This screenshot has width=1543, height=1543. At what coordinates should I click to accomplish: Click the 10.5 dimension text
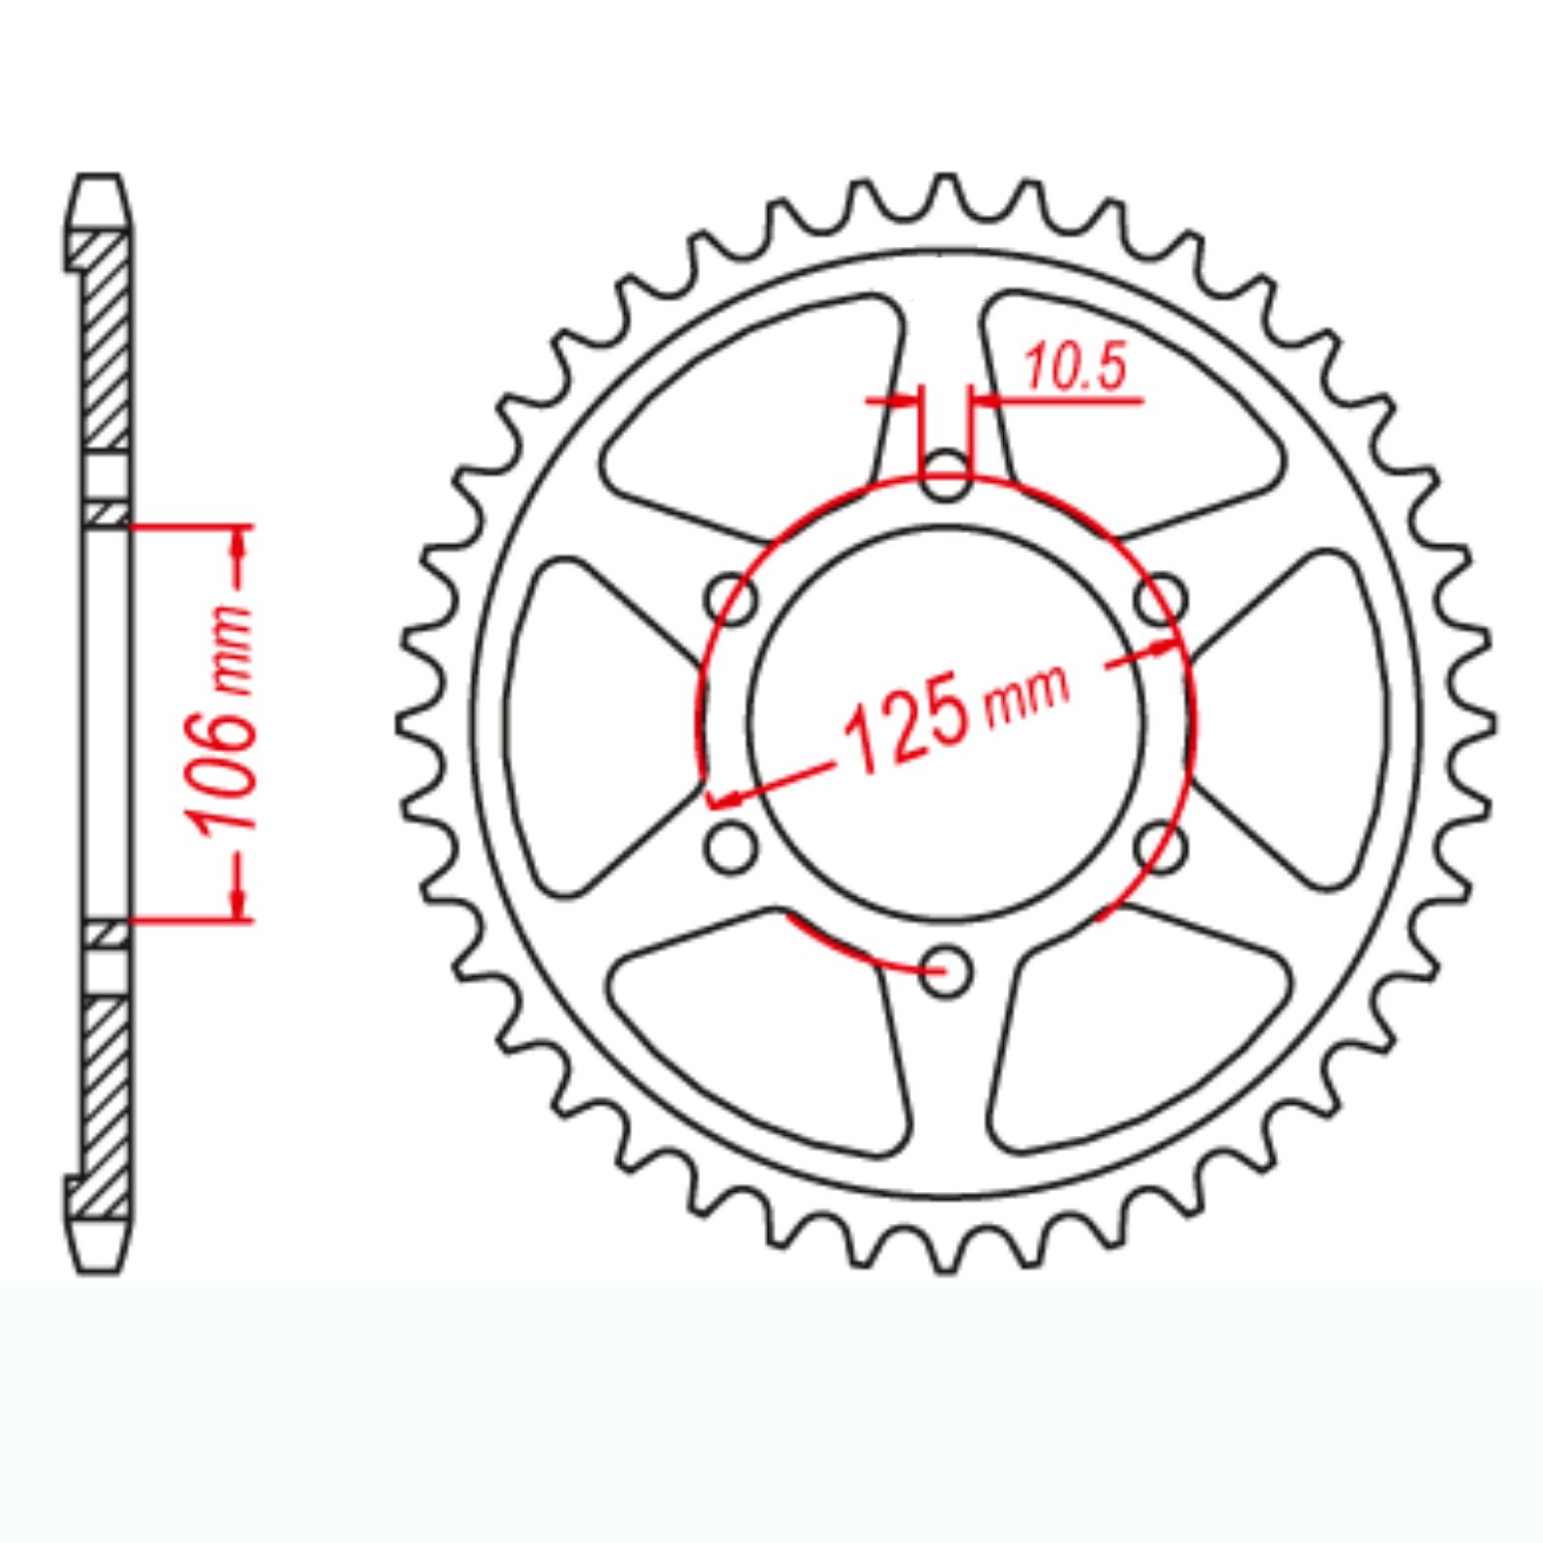(1074, 367)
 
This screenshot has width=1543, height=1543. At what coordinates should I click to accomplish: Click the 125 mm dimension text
(955, 714)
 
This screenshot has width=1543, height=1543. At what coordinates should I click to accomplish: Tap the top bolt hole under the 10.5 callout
(946, 475)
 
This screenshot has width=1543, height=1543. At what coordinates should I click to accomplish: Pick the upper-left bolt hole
(731, 600)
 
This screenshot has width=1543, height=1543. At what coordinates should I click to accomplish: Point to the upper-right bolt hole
(1161, 600)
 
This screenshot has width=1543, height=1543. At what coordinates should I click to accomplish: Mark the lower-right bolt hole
(1161, 848)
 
